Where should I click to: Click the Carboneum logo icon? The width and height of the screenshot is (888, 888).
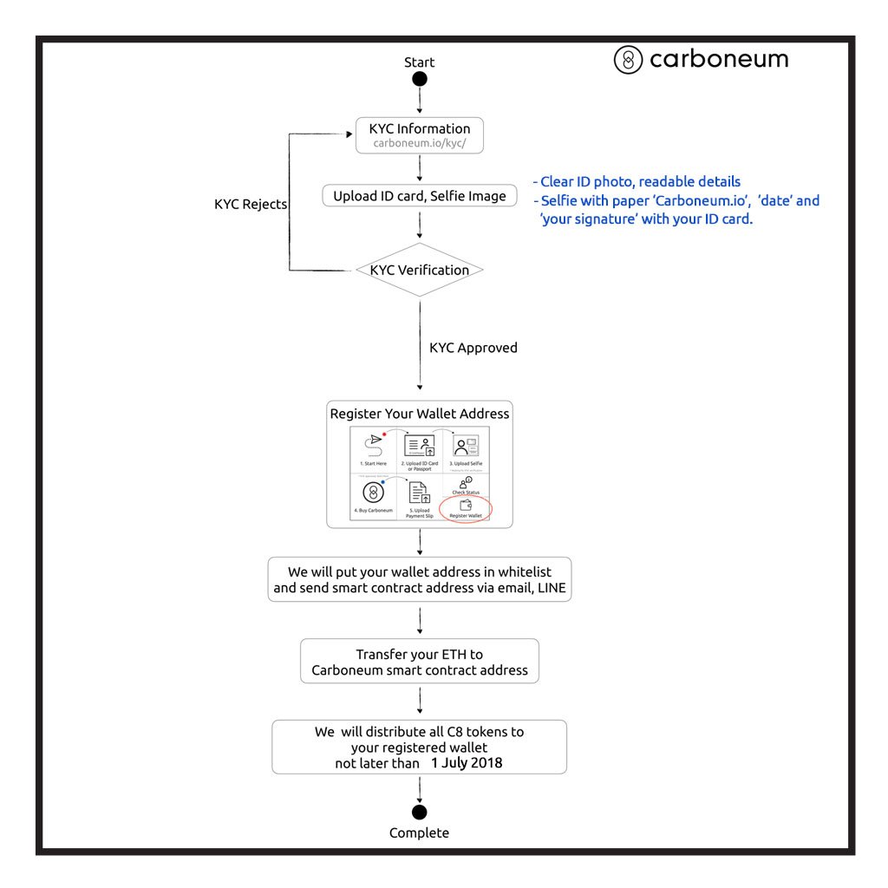point(628,60)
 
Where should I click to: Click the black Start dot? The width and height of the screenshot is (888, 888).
point(420,80)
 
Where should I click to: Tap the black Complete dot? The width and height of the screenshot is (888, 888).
point(420,812)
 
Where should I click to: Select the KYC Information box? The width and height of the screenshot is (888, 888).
point(420,135)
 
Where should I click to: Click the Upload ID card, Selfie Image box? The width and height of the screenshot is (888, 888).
point(420,196)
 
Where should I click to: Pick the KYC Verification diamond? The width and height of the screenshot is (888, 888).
point(420,270)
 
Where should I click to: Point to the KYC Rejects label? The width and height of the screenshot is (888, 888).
point(251,205)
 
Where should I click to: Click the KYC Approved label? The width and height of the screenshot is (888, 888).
point(473,348)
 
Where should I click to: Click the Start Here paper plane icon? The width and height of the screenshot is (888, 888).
point(375,441)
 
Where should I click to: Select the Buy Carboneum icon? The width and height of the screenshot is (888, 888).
point(374,493)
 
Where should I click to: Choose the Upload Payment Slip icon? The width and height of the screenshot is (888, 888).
point(420,493)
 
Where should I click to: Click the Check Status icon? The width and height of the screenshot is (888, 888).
point(466,482)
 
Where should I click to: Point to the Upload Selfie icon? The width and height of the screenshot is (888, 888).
point(466,446)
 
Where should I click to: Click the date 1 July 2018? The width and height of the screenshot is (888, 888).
point(467,763)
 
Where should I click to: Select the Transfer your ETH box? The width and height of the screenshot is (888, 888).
point(420,663)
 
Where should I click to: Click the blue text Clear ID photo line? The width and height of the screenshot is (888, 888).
point(638,182)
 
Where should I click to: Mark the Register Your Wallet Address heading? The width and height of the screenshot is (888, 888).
point(420,414)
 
